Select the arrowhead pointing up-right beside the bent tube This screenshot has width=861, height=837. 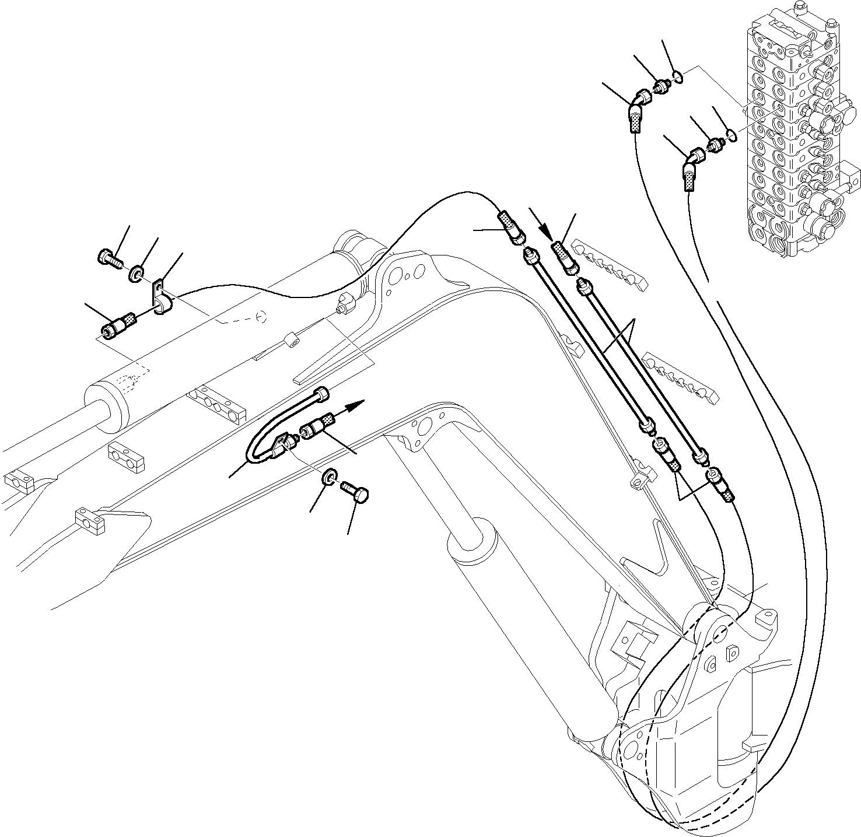coord(357,404)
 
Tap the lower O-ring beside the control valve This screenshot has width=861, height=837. coord(730,136)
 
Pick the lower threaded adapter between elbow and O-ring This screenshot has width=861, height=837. coord(714,145)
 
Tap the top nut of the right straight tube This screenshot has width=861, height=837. coord(584,286)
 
